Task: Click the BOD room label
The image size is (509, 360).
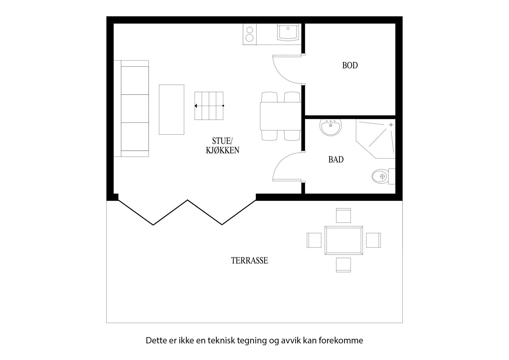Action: [350, 66]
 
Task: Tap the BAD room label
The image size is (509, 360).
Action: [336, 159]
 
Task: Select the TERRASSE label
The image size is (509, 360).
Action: [249, 261]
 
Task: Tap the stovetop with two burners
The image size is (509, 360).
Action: [250, 34]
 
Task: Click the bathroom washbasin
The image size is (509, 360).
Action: [331, 127]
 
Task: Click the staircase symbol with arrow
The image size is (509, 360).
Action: [209, 106]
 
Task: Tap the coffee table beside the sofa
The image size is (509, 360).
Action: [171, 109]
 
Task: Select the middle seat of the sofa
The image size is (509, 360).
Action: [135, 108]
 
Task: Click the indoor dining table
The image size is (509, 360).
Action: [281, 116]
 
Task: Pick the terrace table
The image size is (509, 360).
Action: [344, 240]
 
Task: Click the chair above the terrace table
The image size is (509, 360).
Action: [344, 215]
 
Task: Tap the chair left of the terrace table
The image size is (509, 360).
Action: [314, 240]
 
